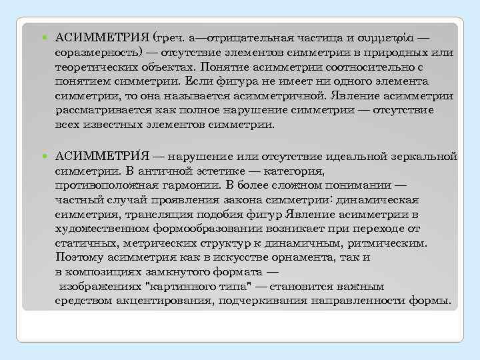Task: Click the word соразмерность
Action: click(96, 52)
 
